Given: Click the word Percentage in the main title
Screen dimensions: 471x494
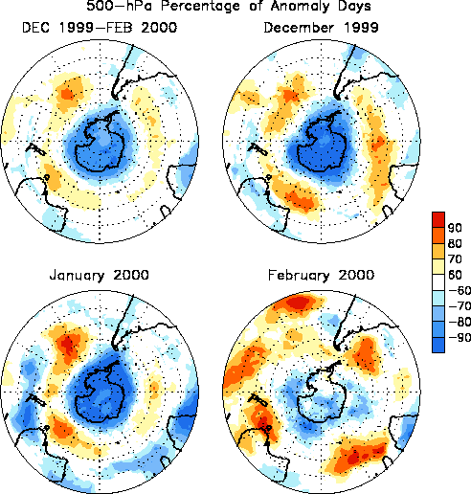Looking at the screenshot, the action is coord(200,6).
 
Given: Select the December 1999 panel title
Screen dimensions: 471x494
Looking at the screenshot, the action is coord(321,28).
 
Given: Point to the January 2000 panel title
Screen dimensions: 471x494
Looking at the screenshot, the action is coord(100,276).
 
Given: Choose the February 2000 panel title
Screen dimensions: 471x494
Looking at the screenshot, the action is coord(321,276).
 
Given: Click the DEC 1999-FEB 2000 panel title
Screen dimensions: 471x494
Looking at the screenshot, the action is coord(100,28).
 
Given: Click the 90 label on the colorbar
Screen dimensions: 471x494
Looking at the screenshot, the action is coord(455,228).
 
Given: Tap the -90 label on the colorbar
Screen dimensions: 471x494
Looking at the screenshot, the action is coord(460,337).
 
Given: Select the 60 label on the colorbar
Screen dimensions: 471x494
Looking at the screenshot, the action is coord(455,275).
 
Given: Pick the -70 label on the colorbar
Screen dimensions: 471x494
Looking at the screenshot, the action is coord(460,306).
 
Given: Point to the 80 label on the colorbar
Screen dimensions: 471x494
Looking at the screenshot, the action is coord(455,243).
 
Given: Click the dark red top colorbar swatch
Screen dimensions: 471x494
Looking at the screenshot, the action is coord(438,219).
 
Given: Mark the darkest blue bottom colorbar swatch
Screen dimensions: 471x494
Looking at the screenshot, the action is coord(438,345).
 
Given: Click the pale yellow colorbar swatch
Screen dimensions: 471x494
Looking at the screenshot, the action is coord(438,266).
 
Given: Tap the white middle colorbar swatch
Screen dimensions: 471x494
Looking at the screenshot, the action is coord(438,282).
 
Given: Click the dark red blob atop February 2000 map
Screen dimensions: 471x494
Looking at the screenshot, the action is coord(299,302).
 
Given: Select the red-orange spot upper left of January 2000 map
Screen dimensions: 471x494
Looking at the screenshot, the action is coord(68,345).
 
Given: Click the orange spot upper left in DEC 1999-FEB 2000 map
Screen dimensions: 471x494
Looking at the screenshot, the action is coord(67,94).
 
